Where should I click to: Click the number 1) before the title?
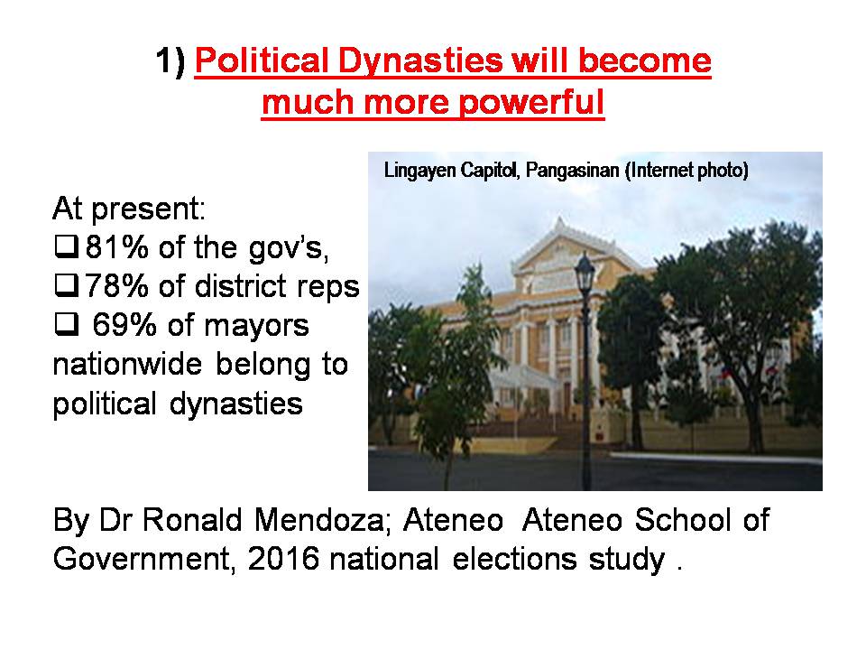(171, 60)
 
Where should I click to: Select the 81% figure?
(117, 247)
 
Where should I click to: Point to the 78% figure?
(117, 286)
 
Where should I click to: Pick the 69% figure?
(124, 325)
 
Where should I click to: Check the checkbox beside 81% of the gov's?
(66, 247)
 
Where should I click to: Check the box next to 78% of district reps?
(66, 286)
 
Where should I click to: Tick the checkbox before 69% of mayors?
(66, 324)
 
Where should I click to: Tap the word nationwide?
(127, 364)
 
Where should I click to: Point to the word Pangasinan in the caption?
(572, 170)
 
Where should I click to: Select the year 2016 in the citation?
(283, 559)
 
